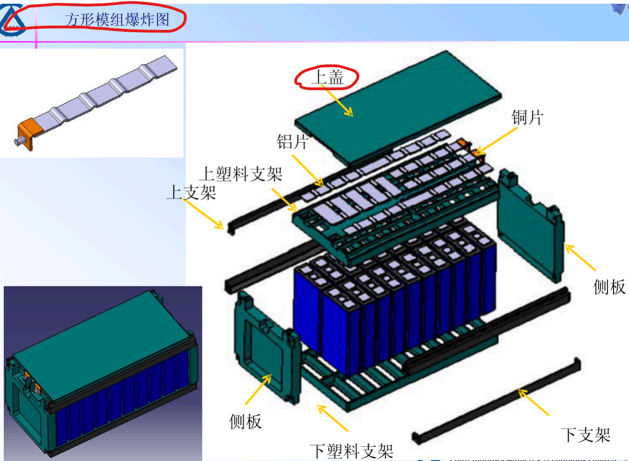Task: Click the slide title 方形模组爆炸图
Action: (117, 20)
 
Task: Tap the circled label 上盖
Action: (327, 77)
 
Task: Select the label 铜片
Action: (527, 117)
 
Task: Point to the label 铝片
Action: (292, 142)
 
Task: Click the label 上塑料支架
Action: (241, 174)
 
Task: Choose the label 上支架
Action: (191, 192)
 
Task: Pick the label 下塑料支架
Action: (351, 452)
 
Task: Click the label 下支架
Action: (586, 435)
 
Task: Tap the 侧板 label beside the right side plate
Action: (609, 287)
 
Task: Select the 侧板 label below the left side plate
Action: (245, 421)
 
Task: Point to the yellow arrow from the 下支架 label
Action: (533, 402)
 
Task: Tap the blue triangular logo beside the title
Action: (13, 21)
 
